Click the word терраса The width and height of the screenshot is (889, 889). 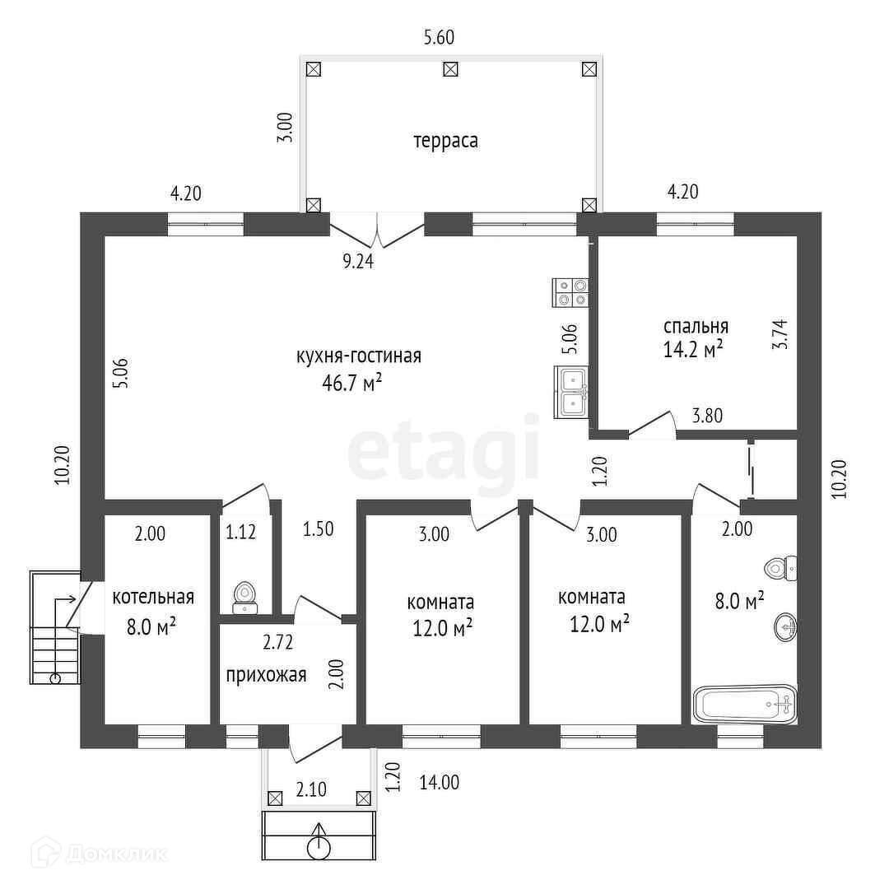(x=445, y=141)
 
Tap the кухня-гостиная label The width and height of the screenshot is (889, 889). (x=358, y=356)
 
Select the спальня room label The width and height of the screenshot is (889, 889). (x=696, y=325)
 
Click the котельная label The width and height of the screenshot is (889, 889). (x=153, y=597)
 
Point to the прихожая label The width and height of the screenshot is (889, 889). (x=266, y=676)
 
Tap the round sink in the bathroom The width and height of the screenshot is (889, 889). (x=786, y=627)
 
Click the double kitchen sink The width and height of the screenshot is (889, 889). (x=570, y=391)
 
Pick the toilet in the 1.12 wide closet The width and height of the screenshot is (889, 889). (x=244, y=596)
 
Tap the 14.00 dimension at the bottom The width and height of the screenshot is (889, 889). (x=439, y=783)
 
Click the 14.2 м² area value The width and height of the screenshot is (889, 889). (x=693, y=349)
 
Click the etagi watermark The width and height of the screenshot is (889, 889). (x=444, y=451)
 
